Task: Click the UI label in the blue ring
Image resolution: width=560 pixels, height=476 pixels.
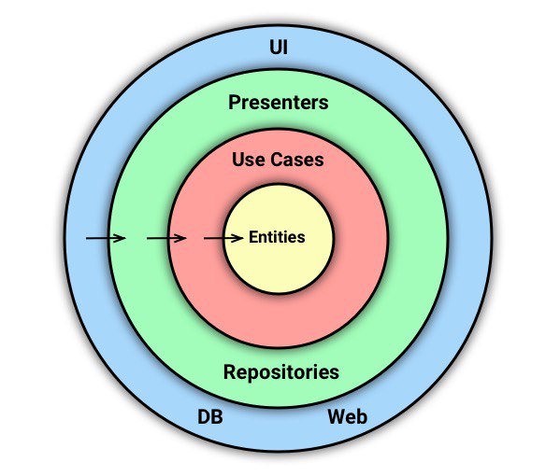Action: tap(279, 47)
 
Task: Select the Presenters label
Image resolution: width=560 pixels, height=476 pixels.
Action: tap(279, 103)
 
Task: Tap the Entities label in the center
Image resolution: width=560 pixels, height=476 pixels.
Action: tap(277, 237)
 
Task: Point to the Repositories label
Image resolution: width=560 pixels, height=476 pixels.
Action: tap(281, 372)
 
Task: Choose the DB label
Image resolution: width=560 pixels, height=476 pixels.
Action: tap(210, 416)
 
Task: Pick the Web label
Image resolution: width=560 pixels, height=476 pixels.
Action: tap(348, 416)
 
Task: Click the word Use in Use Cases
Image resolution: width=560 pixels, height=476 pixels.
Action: tap(248, 160)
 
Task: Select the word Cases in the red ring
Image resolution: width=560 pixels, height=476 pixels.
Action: tap(296, 160)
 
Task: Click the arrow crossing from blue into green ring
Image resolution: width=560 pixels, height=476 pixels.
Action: tap(106, 238)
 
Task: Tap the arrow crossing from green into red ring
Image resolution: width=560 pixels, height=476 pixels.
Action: tap(166, 238)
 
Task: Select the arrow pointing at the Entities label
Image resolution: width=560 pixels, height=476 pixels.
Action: tap(223, 238)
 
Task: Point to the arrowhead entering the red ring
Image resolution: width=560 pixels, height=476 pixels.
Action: tap(179, 238)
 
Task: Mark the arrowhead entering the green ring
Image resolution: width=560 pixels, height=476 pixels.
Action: tap(119, 238)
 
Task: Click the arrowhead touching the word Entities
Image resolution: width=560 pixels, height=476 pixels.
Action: tap(237, 238)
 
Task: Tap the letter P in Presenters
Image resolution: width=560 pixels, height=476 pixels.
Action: tap(235, 103)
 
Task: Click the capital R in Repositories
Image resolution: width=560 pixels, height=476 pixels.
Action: tap(230, 371)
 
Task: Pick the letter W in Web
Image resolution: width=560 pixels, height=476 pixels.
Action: tap(337, 416)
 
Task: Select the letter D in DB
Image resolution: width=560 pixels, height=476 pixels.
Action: tap(204, 416)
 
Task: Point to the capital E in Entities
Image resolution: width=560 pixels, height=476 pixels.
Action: tap(253, 237)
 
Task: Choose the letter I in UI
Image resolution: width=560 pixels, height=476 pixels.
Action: tap(285, 47)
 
